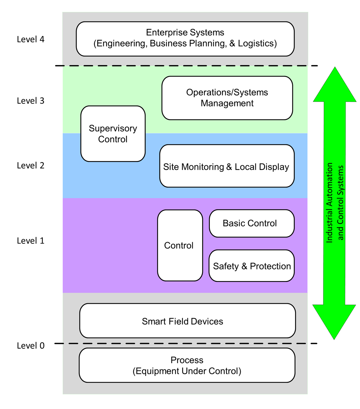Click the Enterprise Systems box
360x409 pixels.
pyautogui.click(x=185, y=39)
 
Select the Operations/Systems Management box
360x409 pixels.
pyautogui.click(x=227, y=98)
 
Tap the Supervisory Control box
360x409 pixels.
pyautogui.click(x=113, y=134)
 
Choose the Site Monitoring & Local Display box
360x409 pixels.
pyautogui.click(x=227, y=166)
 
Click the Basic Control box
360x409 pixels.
pyautogui.click(x=251, y=223)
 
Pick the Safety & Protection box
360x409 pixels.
pyautogui.click(x=251, y=266)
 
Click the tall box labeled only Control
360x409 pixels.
pyautogui.click(x=180, y=245)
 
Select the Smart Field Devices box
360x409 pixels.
pyautogui.click(x=187, y=321)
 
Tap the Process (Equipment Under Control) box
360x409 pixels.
pyautogui.click(x=187, y=365)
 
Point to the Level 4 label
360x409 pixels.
pyautogui.click(x=31, y=39)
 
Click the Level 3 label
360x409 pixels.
pyautogui.click(x=31, y=101)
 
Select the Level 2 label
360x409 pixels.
pyautogui.click(x=31, y=165)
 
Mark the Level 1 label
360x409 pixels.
pyautogui.click(x=31, y=240)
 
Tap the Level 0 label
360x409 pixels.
pyautogui.click(x=31, y=345)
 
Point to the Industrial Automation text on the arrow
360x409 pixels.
pyautogui.click(x=330, y=203)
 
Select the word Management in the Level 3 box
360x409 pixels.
pyautogui.click(x=227, y=103)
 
